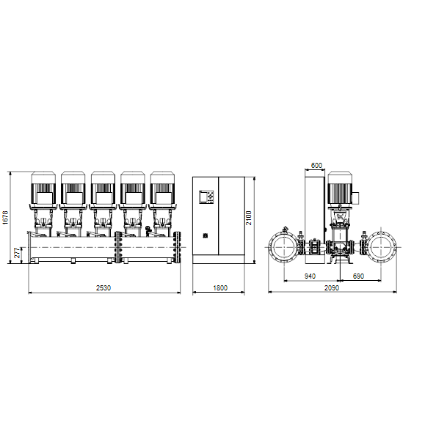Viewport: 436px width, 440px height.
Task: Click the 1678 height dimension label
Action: coord(6,218)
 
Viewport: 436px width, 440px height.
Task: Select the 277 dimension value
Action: coord(17,253)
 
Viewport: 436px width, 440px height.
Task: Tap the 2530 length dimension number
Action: coord(103,288)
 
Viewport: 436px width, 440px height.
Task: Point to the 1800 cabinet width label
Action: coord(220,288)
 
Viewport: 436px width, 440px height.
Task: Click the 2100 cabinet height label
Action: coord(249,218)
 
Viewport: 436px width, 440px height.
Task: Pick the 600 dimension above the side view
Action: coord(316,166)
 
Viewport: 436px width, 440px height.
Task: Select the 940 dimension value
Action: coord(310,276)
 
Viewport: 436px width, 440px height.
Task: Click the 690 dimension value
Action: coord(358,276)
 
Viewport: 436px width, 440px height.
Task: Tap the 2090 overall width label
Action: coord(332,288)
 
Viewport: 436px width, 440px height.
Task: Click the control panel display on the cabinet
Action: coord(206,197)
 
